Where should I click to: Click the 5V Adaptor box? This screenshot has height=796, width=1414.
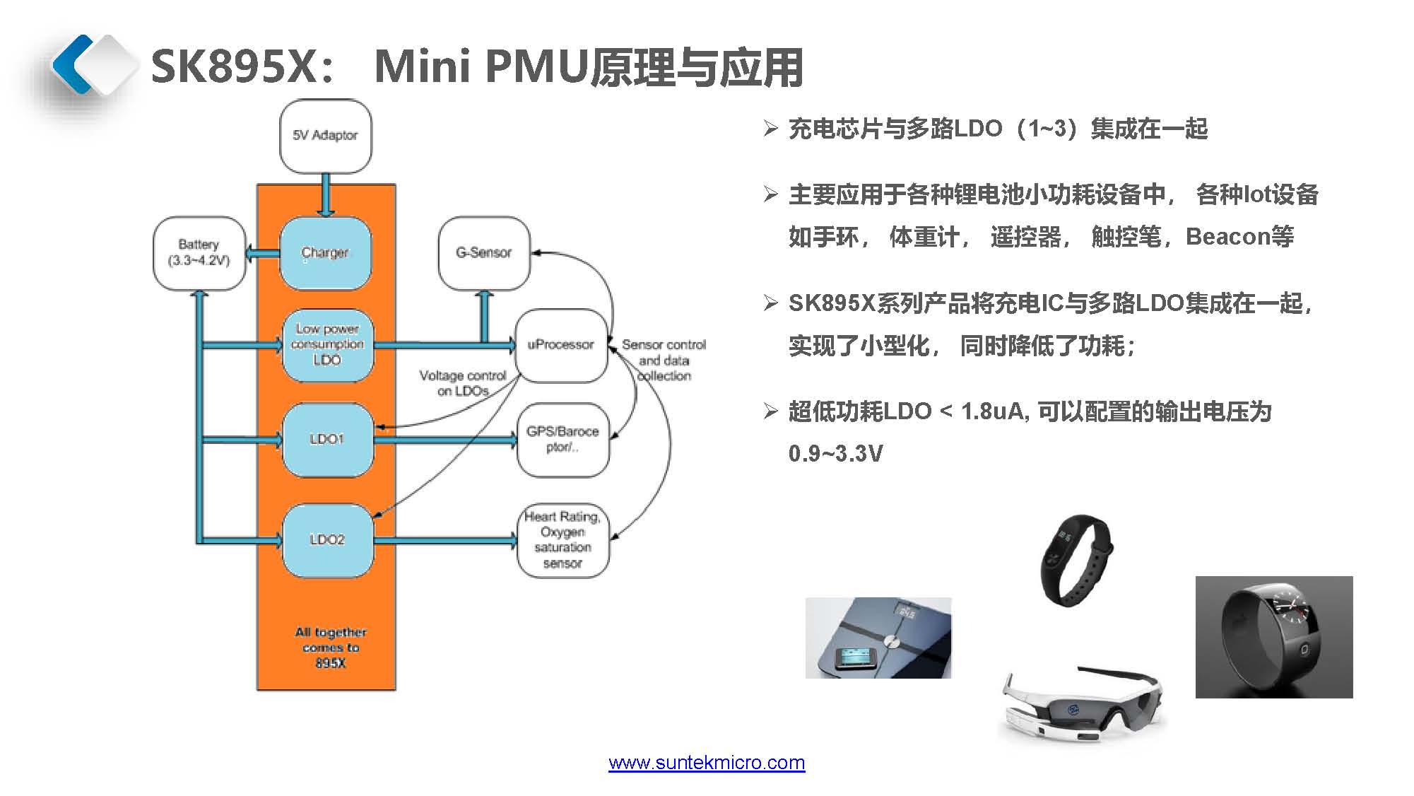click(x=325, y=136)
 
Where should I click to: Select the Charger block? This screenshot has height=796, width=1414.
click(x=325, y=253)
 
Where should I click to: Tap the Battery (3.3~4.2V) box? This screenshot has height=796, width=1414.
click(x=199, y=253)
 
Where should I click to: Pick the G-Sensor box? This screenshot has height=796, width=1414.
click(x=484, y=253)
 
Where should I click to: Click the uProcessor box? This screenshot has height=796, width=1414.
click(x=561, y=345)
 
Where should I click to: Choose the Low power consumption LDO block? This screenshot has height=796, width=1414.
click(x=327, y=345)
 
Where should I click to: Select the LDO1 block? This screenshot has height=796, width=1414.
click(x=327, y=439)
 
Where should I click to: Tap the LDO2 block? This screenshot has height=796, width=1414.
click(x=327, y=540)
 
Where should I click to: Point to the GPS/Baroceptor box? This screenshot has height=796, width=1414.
click(x=562, y=439)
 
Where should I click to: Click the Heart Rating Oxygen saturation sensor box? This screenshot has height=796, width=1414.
click(x=562, y=540)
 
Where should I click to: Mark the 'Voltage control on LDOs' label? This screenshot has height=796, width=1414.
click(x=463, y=383)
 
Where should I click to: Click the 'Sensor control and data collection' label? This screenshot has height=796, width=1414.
click(x=664, y=360)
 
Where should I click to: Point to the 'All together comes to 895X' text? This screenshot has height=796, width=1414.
click(x=331, y=648)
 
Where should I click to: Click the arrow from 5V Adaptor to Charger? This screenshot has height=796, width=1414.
click(x=325, y=194)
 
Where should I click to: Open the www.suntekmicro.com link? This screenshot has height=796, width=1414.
click(x=707, y=763)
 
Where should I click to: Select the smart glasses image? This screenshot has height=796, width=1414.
click(x=1082, y=703)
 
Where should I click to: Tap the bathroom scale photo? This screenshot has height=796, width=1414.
click(x=878, y=638)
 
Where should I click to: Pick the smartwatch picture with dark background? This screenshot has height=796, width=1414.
click(x=1274, y=637)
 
